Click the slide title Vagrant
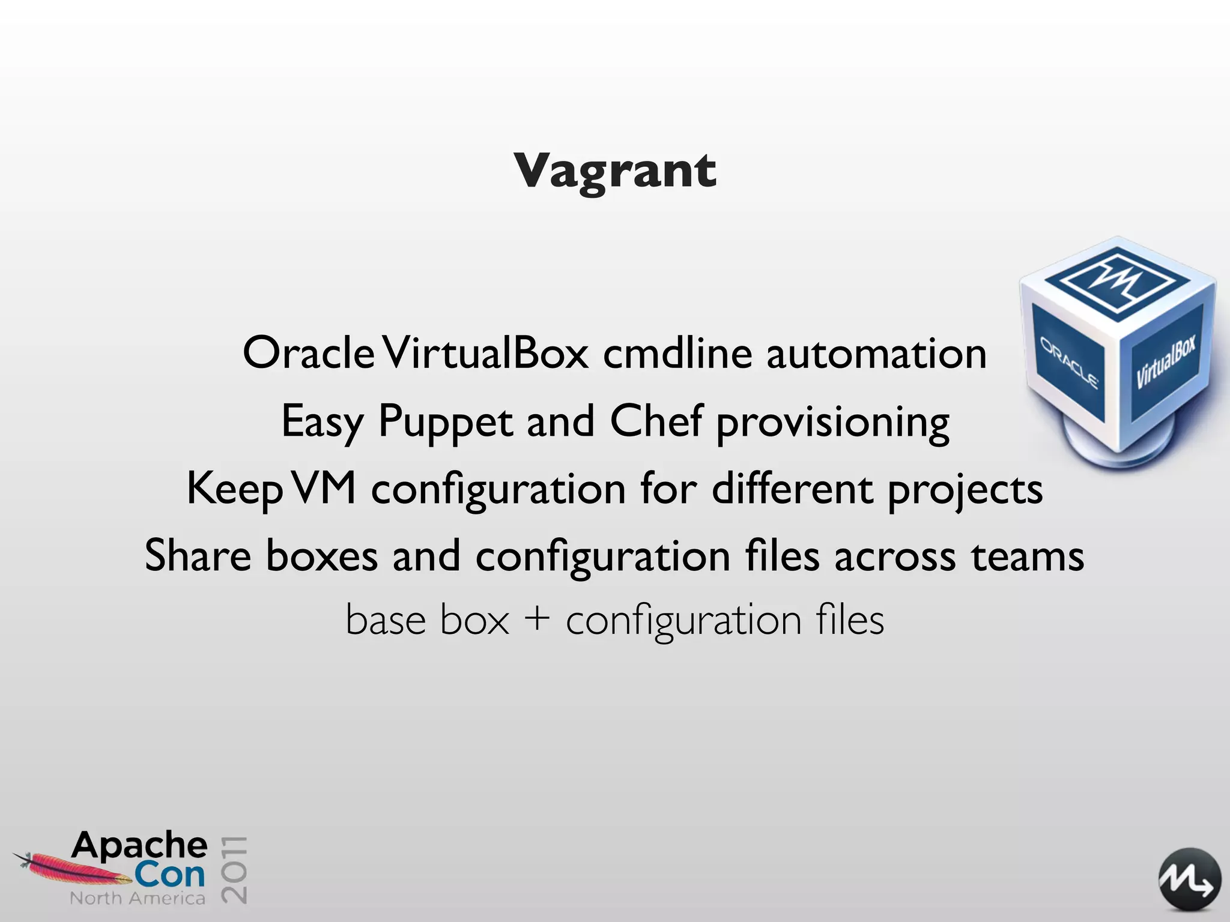614,171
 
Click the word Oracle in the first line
309,354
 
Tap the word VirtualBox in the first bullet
486,354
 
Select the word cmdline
677,354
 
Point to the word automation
876,354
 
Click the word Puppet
445,422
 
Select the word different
792,488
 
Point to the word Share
198,555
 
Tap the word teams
1028,556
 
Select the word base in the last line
385,619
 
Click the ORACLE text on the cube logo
1069,363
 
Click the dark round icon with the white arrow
1189,880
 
